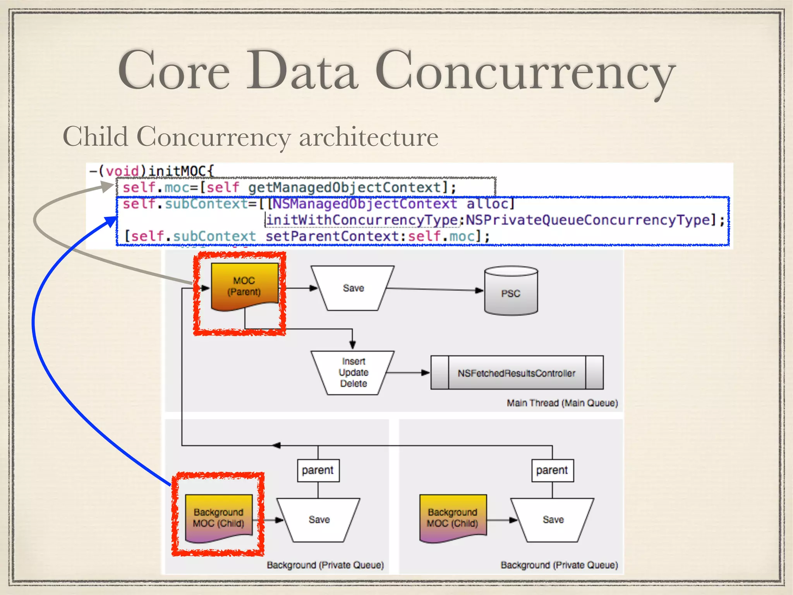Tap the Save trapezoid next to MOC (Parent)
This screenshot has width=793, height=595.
click(353, 288)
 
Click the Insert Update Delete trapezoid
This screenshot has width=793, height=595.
click(353, 373)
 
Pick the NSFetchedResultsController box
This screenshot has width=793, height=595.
click(517, 373)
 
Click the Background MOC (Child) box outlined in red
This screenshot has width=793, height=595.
click(219, 518)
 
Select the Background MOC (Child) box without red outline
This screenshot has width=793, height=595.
click(453, 518)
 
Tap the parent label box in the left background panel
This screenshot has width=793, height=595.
click(318, 470)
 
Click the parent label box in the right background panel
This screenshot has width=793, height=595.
click(552, 470)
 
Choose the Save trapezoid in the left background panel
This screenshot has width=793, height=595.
click(319, 519)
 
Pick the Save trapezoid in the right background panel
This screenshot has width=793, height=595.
click(553, 519)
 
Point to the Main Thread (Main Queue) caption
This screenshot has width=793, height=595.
click(562, 403)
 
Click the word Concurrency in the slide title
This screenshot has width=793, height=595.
click(525, 72)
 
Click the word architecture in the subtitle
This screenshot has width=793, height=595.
click(368, 137)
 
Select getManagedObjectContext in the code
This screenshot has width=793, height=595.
click(344, 188)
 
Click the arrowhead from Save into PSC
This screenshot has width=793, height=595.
click(479, 290)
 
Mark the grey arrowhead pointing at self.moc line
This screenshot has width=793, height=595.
click(108, 187)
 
